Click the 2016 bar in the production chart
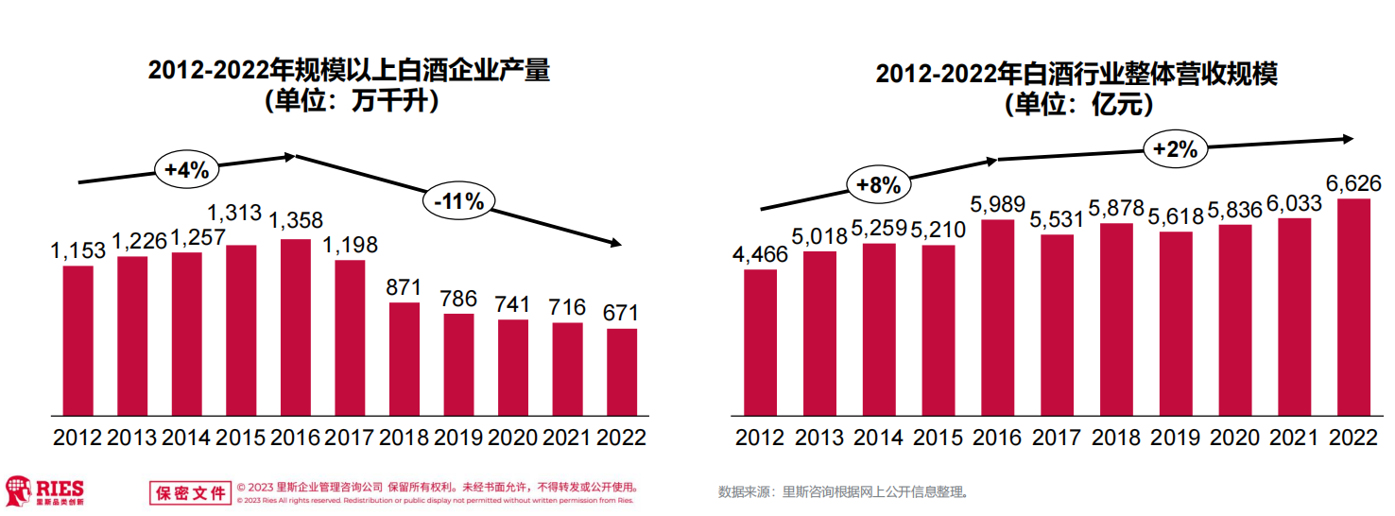[296, 327]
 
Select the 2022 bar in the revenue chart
[1354, 307]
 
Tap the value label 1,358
[296, 221]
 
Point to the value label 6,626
[1354, 182]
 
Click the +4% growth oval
[187, 170]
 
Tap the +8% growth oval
[879, 185]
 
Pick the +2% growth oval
[1176, 148]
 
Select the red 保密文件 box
[190, 492]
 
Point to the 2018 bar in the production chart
[405, 359]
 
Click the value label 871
[405, 286]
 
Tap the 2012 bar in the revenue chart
[760, 342]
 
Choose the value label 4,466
[760, 254]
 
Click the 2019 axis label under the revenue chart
[1176, 438]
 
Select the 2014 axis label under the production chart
[186, 438]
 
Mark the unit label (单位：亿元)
[1077, 105]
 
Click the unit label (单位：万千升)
[351, 101]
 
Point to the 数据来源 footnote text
[843, 491]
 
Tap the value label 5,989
[998, 203]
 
